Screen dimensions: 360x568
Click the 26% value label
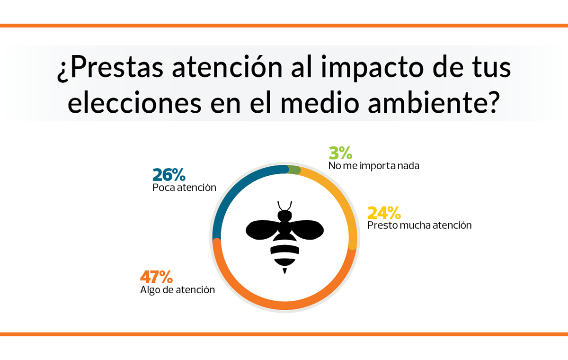[x=169, y=175]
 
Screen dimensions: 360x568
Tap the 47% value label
[x=157, y=277]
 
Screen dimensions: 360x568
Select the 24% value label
[x=384, y=212]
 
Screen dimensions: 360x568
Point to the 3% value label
[x=340, y=153]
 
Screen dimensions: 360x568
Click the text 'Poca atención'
[x=184, y=188]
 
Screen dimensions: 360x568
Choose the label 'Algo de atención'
[x=177, y=290]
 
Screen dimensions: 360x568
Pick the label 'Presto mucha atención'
[x=419, y=225]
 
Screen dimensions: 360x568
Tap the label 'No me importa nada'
[x=373, y=166]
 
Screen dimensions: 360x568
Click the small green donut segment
[x=294, y=170]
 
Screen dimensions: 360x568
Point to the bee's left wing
[x=263, y=230]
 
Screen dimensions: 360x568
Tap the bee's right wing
[x=307, y=230]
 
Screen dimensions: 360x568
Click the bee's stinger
[x=284, y=270]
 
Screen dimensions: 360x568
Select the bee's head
[x=284, y=216]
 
